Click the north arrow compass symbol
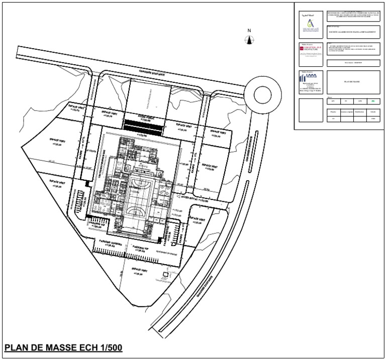(249, 41)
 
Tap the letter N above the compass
(249, 31)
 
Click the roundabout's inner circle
(262, 94)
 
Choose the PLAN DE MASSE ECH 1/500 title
(63, 347)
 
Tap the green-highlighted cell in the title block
(372, 101)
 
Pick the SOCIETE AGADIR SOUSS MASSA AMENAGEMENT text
(351, 31)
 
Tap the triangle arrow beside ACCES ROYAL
(173, 200)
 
